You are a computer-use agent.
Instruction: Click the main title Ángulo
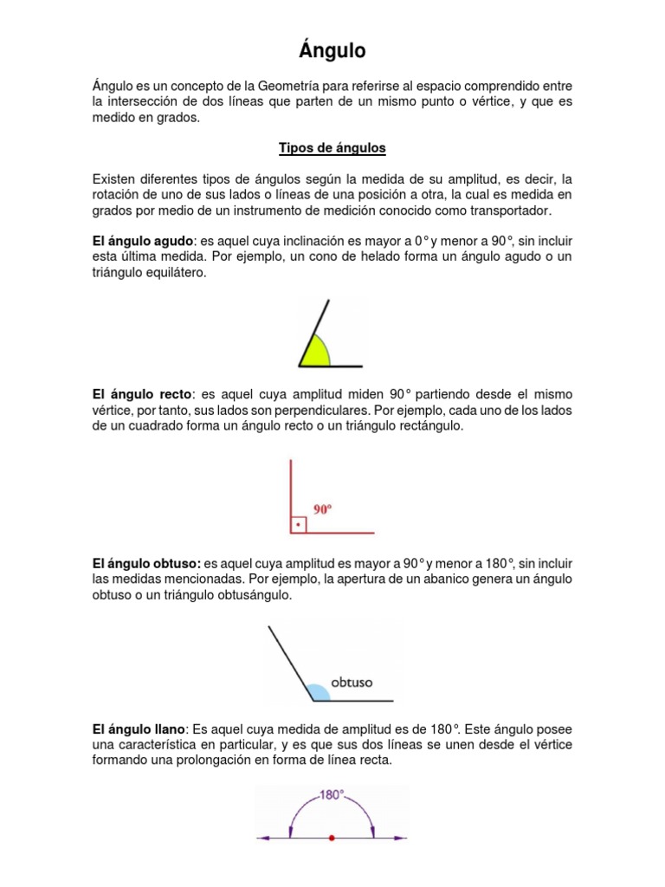pyautogui.click(x=332, y=52)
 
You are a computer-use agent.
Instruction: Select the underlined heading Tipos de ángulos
pyautogui.click(x=332, y=148)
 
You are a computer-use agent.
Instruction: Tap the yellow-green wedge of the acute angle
pyautogui.click(x=315, y=352)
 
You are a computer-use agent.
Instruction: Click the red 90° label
pyautogui.click(x=323, y=510)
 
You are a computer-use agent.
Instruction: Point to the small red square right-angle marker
pyautogui.click(x=298, y=525)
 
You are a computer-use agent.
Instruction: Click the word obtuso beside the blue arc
pyautogui.click(x=352, y=683)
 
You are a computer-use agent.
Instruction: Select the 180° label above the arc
pyautogui.click(x=332, y=793)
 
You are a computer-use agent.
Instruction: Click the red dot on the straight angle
pyautogui.click(x=332, y=838)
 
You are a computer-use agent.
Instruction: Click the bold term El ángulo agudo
pyautogui.click(x=143, y=240)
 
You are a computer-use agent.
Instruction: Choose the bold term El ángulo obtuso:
pyautogui.click(x=146, y=564)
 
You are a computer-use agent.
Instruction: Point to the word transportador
pyautogui.click(x=508, y=210)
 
